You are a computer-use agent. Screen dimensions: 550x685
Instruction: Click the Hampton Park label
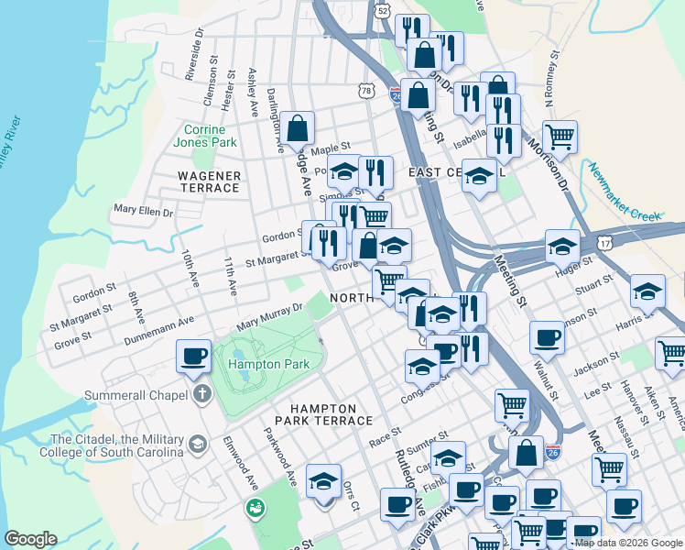(269, 364)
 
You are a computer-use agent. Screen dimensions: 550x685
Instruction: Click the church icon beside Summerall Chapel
(201, 396)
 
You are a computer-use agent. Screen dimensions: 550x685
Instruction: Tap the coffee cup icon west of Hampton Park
(193, 356)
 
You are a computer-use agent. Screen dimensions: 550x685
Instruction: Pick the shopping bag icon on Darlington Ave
(298, 128)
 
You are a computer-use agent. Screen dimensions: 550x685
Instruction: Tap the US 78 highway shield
(367, 91)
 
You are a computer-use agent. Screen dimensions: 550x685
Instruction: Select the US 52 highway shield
(382, 9)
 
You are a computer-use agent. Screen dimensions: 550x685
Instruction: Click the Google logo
(31, 539)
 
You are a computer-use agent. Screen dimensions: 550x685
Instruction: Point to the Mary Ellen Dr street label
(143, 210)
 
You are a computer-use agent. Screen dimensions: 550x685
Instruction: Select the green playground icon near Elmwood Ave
(255, 506)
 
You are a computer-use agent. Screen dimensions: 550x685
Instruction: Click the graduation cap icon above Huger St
(562, 245)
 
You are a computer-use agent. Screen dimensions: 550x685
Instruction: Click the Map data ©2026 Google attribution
(628, 543)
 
